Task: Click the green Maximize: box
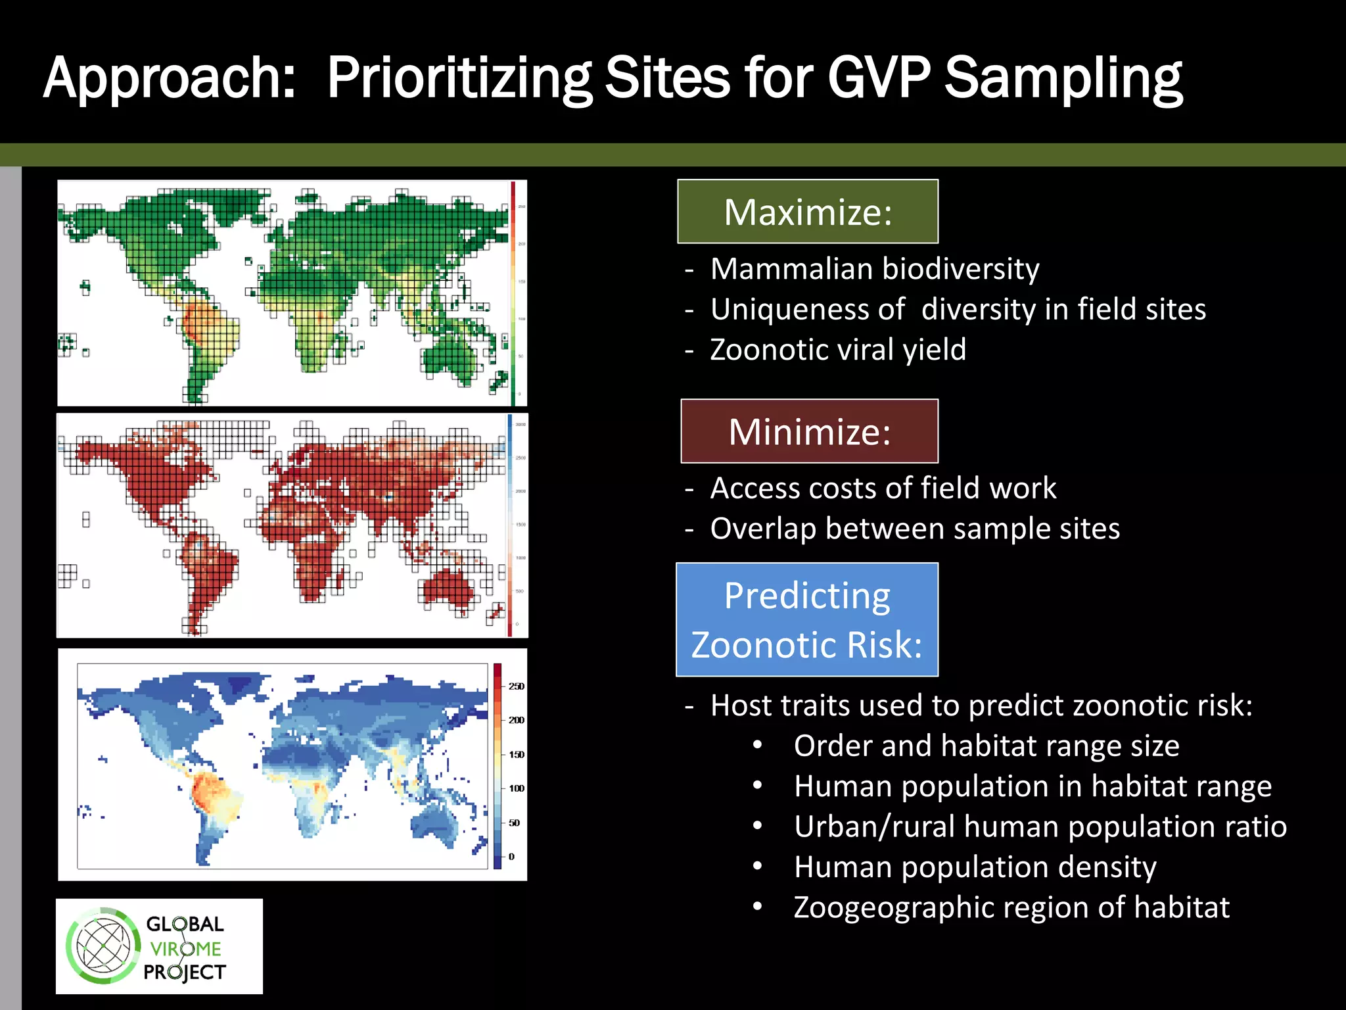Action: [x=808, y=212]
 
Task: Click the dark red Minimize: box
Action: [x=809, y=431]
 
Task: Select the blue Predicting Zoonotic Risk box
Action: [x=807, y=619]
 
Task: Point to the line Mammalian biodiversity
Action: [x=874, y=269]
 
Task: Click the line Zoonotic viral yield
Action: [x=838, y=349]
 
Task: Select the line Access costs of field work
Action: [x=883, y=488]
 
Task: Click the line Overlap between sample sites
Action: [x=914, y=529]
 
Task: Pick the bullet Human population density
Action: [x=975, y=867]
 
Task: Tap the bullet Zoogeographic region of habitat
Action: [x=1011, y=907]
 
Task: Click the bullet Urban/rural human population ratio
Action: [x=1040, y=827]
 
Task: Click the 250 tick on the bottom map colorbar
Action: [x=516, y=686]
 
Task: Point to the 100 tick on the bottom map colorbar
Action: [x=516, y=788]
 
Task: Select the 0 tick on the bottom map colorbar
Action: [x=511, y=857]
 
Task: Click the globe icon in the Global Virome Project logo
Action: [x=103, y=946]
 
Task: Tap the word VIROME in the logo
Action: [x=185, y=949]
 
